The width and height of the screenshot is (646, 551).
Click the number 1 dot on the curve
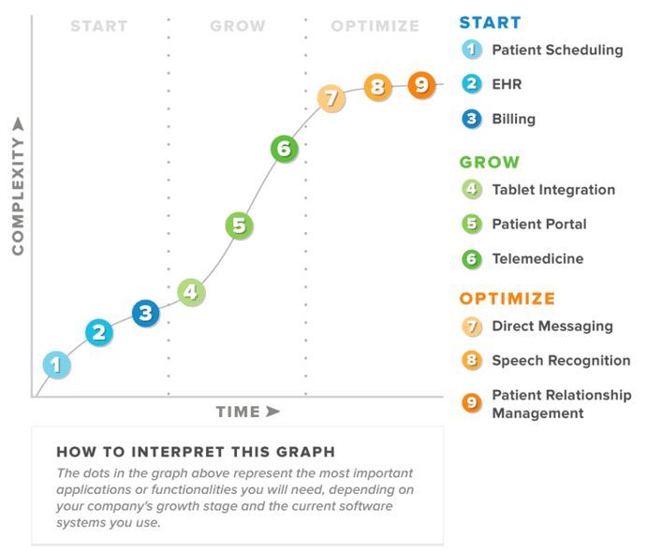(56, 365)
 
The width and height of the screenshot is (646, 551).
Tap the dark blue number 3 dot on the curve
(145, 313)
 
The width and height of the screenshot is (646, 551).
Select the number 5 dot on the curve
(239, 225)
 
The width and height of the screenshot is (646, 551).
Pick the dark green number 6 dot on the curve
(285, 148)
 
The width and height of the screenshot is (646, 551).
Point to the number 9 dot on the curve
(421, 85)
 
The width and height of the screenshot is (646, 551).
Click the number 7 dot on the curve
(330, 98)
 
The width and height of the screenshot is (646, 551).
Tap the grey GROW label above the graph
(238, 26)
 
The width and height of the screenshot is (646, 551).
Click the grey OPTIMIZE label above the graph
(374, 26)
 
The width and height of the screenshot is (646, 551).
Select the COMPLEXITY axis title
(18, 196)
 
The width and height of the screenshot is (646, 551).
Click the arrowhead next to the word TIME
(272, 411)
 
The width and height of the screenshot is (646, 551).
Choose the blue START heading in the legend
(491, 22)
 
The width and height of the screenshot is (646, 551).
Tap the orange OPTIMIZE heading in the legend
(507, 298)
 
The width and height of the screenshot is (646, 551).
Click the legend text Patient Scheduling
(557, 51)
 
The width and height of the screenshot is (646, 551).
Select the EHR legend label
(507, 84)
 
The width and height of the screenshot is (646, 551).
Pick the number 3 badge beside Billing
(472, 119)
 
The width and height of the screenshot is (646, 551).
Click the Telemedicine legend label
(537, 258)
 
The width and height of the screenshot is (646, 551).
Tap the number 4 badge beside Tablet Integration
(472, 189)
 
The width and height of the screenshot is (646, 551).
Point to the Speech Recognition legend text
(561, 361)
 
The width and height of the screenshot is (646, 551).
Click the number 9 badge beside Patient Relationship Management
(472, 402)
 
